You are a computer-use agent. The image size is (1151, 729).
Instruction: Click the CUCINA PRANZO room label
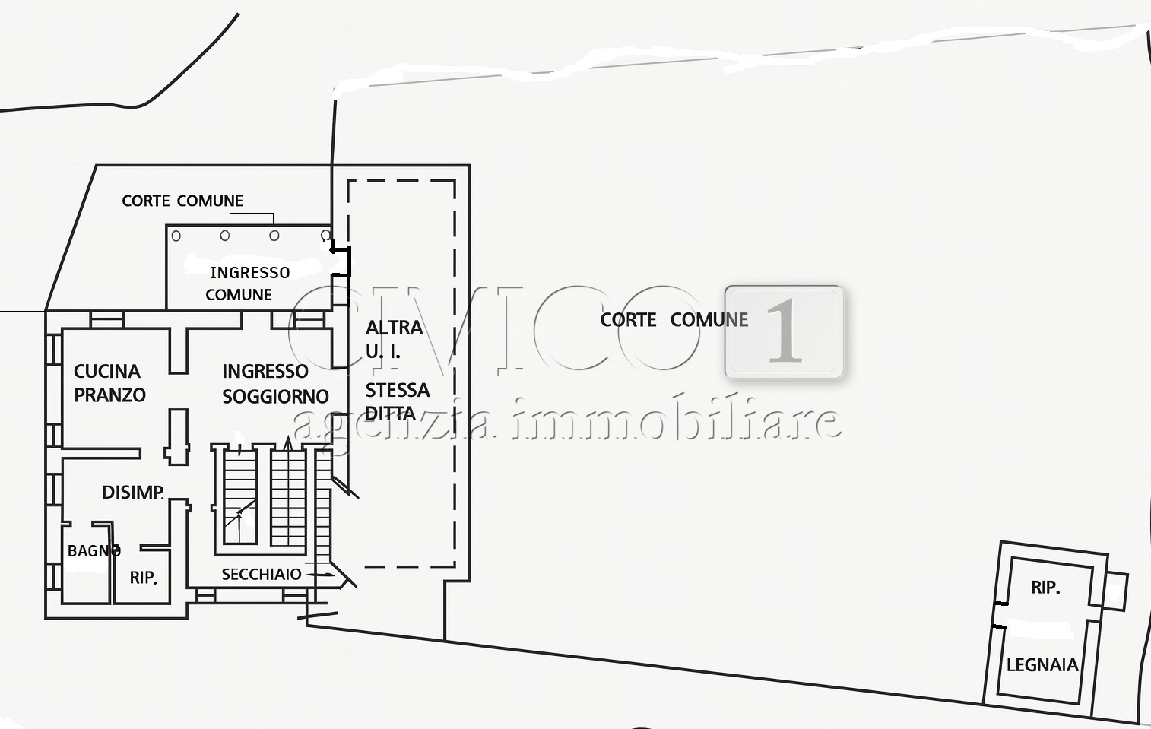(x=109, y=383)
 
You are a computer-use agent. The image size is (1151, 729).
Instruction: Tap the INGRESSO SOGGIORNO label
(x=274, y=384)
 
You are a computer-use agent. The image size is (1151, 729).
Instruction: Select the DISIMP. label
(x=133, y=493)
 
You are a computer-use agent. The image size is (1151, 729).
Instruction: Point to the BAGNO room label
(x=93, y=550)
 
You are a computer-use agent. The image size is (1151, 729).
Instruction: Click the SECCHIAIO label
(x=261, y=574)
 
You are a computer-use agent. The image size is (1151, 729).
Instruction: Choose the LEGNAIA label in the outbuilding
(x=1042, y=665)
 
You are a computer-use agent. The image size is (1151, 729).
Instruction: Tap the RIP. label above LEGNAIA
(x=1045, y=587)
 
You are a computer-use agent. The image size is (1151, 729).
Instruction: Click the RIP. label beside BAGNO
(x=143, y=578)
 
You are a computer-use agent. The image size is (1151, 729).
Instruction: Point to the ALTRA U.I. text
(x=394, y=339)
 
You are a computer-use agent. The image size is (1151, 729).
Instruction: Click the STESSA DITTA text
(x=397, y=401)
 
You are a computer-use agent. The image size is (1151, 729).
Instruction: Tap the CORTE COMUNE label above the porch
(x=182, y=201)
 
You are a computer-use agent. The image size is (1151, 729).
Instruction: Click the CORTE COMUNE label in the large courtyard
(x=674, y=320)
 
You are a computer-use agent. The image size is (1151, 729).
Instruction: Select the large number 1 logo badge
(x=784, y=331)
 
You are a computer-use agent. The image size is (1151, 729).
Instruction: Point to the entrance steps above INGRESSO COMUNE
(x=252, y=218)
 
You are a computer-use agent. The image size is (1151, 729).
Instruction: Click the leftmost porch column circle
(x=176, y=236)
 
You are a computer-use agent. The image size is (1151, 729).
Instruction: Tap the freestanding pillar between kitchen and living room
(x=177, y=436)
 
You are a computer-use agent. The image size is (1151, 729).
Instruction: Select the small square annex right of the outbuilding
(x=1115, y=591)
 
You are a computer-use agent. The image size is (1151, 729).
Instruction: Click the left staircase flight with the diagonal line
(x=240, y=497)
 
